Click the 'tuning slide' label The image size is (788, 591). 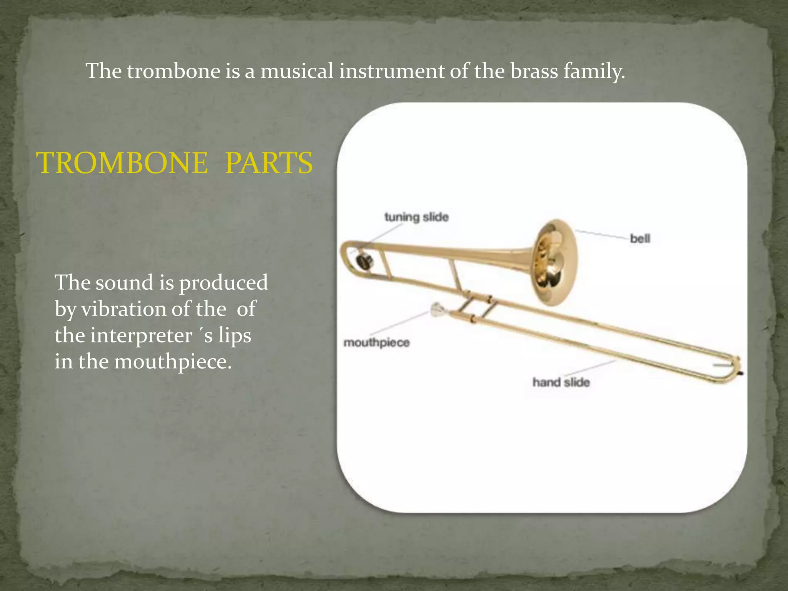pyautogui.click(x=417, y=217)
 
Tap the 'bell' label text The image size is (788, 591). pyautogui.click(x=640, y=239)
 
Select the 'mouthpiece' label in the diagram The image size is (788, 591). pyautogui.click(x=376, y=342)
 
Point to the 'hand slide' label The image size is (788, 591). pyautogui.click(x=561, y=382)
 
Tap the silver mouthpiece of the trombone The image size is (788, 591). pyautogui.click(x=436, y=310)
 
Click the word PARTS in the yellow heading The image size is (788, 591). pyautogui.click(x=269, y=163)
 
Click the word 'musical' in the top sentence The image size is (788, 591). pyautogui.click(x=297, y=72)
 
